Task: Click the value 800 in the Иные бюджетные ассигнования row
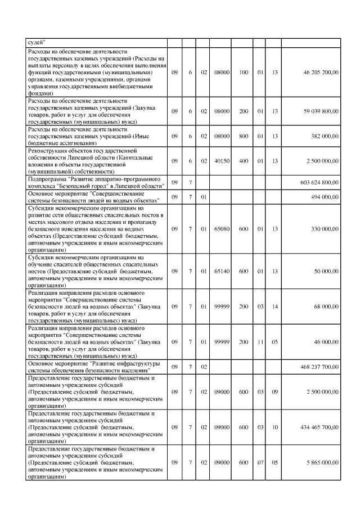click(x=244, y=137)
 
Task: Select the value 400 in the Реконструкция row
click(x=244, y=161)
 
